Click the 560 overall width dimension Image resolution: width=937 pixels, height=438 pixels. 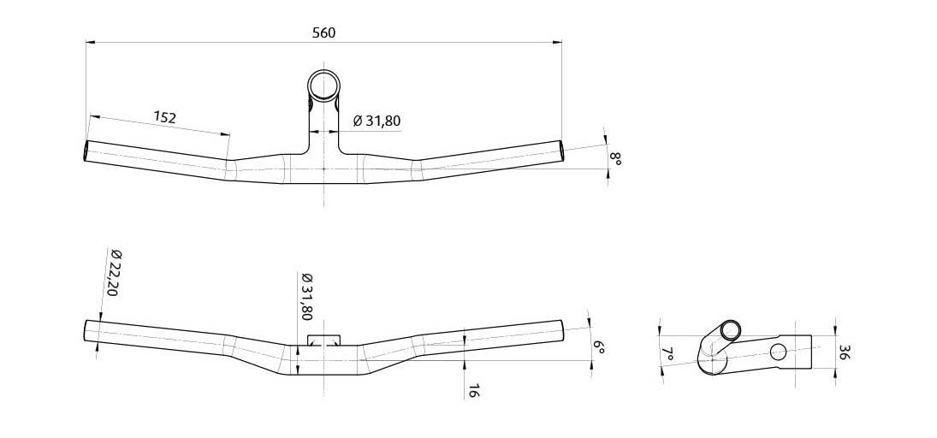pos(323,33)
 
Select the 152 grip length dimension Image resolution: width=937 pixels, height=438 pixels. pos(164,117)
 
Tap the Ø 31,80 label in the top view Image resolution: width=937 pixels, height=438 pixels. pos(377,121)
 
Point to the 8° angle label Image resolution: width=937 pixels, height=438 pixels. pos(614,158)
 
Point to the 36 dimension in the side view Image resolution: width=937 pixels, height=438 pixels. pos(844,352)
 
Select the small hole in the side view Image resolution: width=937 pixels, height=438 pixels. pos(778,351)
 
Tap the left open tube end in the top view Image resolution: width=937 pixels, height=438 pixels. pos(86,151)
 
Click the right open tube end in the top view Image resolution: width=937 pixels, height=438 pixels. pos(561,151)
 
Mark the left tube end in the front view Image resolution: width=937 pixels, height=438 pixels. pos(86,331)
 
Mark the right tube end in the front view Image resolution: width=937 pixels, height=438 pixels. pos(562,329)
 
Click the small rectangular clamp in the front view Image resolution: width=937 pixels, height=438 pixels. pos(323,340)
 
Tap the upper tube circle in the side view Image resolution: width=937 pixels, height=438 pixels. pos(731,331)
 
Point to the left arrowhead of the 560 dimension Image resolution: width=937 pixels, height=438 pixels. pos(89,41)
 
